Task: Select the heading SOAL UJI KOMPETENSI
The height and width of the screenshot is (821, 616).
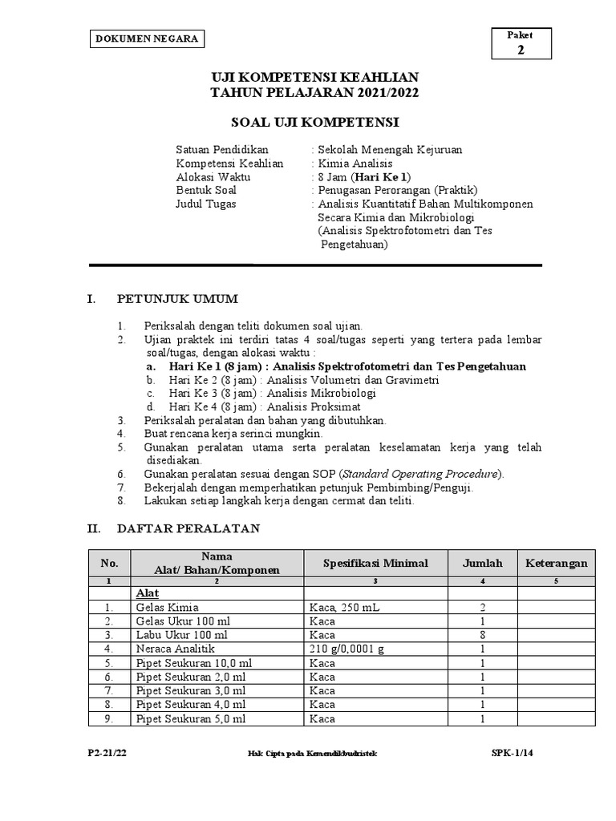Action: (314, 123)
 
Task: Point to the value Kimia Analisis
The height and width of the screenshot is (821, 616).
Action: (355, 164)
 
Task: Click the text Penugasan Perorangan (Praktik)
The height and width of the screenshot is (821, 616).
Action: (397, 190)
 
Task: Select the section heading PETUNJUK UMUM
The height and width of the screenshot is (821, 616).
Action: (177, 300)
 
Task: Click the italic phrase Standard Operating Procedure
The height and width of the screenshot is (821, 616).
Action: (410, 474)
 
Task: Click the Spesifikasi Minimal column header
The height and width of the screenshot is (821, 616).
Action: (375, 564)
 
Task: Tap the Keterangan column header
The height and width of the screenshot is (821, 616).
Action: (557, 564)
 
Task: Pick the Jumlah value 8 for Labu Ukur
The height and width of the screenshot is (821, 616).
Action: (482, 634)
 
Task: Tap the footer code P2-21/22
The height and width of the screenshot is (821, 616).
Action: (107, 753)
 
